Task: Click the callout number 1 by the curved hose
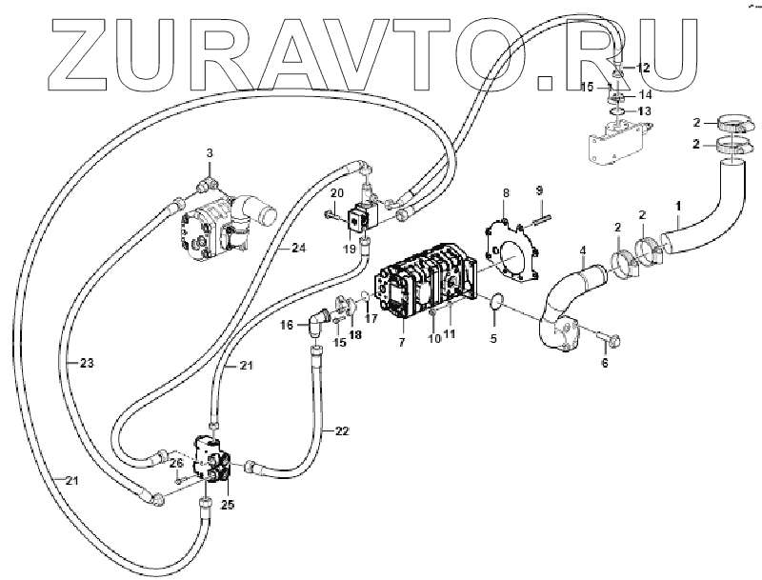point(678,206)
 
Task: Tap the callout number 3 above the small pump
point(211,152)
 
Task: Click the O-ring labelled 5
point(493,303)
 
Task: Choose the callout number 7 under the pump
point(400,340)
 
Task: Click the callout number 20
point(336,194)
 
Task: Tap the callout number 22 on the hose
point(341,431)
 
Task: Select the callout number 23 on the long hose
point(87,363)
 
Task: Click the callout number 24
point(298,249)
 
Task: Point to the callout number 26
point(175,464)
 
